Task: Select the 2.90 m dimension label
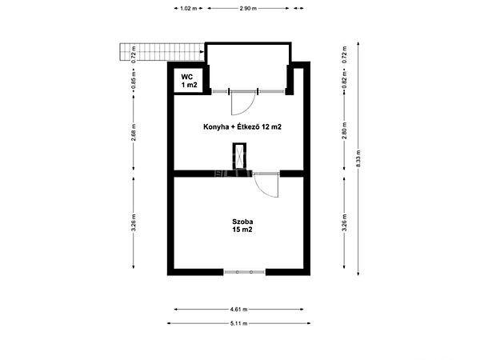point(248,8)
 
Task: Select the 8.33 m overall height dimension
point(359,156)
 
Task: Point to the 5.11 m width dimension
point(238,323)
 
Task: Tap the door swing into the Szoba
point(265,186)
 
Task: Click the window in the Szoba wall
point(244,272)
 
